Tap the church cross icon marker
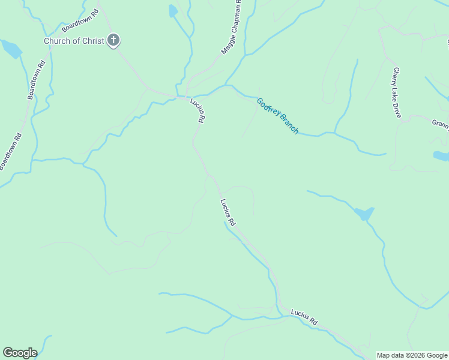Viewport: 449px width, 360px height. pyautogui.click(x=113, y=41)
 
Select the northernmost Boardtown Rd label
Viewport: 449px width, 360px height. pyautogui.click(x=79, y=20)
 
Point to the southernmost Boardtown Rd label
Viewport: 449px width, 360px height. pyautogui.click(x=11, y=151)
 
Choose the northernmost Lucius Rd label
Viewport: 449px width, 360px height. pyautogui.click(x=198, y=110)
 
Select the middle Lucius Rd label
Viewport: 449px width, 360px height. pyautogui.click(x=228, y=212)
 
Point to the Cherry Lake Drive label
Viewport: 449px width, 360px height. pyautogui.click(x=396, y=92)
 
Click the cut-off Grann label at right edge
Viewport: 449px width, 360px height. pyautogui.click(x=440, y=123)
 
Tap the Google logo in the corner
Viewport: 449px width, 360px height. pyautogui.click(x=20, y=353)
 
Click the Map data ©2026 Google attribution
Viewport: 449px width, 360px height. pyautogui.click(x=412, y=355)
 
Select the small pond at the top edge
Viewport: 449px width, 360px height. pyautogui.click(x=173, y=11)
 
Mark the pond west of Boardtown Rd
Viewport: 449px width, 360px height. pyautogui.click(x=11, y=49)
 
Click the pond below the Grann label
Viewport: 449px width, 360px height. pyautogui.click(x=441, y=156)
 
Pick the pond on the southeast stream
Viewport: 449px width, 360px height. pyautogui.click(x=364, y=213)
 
